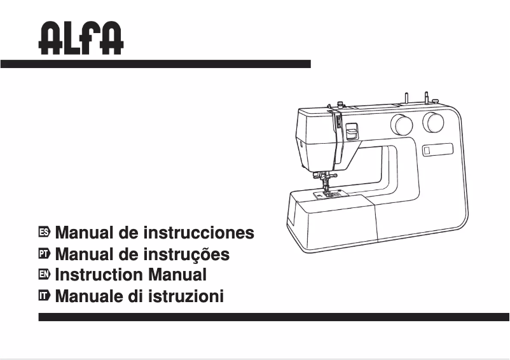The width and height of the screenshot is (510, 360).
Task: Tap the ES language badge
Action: coord(44,233)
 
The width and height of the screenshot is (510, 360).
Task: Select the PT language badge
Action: coord(44,254)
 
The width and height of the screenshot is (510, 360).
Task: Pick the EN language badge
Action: coord(44,275)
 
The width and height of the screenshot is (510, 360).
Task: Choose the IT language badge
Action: coord(44,296)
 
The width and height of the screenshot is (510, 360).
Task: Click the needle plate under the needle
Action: coord(328,195)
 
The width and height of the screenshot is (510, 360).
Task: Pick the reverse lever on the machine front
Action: coord(350,132)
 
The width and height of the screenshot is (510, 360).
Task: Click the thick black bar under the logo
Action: coord(155,64)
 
